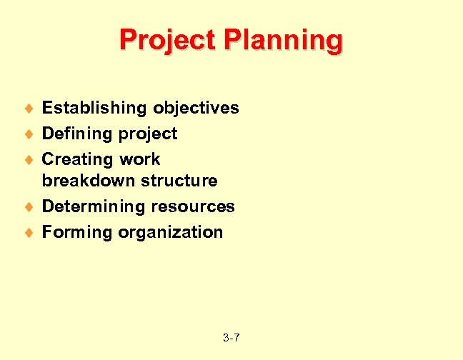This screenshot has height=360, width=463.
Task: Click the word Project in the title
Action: (x=167, y=40)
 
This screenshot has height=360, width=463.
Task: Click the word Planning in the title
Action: (x=283, y=41)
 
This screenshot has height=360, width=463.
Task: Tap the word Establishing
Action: (x=94, y=108)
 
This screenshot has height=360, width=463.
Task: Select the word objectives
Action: (x=195, y=108)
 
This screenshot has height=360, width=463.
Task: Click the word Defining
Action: (x=76, y=134)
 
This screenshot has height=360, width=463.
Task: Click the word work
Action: (x=139, y=159)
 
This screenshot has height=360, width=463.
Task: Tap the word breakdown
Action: (x=89, y=181)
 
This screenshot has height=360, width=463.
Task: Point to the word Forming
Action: (x=77, y=232)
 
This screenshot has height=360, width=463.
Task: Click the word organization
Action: (x=171, y=232)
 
